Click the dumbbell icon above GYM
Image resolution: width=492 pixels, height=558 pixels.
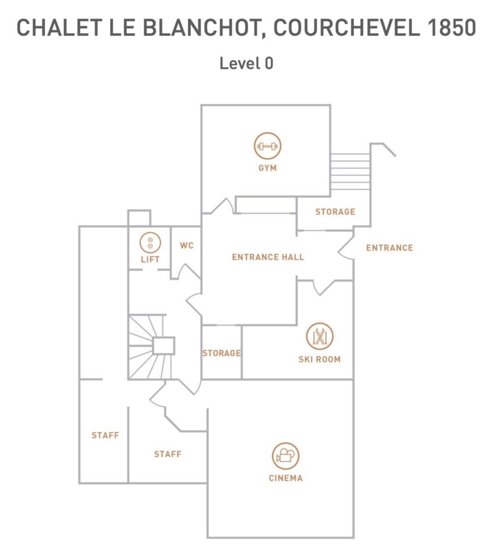coord(268,146)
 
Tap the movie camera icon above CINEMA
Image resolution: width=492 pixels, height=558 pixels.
coord(285,456)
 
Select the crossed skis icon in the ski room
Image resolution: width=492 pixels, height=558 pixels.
coord(320,336)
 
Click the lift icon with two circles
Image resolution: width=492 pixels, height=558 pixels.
coord(150,242)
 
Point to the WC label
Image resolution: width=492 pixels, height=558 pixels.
coord(187,246)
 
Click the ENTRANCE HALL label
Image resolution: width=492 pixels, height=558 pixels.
coord(268,257)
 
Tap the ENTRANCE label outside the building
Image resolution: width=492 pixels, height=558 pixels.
coord(389,248)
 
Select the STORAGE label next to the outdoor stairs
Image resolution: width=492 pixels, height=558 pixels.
coord(335,212)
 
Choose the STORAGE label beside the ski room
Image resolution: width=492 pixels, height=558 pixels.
coord(221,353)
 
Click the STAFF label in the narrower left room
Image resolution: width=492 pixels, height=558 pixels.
coord(105,435)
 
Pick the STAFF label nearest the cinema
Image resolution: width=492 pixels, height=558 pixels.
coord(167,454)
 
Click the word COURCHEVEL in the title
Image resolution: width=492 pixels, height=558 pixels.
coord(346,27)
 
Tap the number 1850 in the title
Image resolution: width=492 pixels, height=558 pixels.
coord(452,27)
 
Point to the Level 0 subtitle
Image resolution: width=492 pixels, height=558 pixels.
coord(246,63)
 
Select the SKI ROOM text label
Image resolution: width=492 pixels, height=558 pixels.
coord(320,360)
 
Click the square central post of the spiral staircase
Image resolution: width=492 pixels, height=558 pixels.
coord(164,345)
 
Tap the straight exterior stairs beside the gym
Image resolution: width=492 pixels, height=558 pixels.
coord(350,172)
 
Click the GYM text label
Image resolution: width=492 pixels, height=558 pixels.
coord(268,168)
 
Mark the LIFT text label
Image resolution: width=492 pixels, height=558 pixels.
coord(150,259)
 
